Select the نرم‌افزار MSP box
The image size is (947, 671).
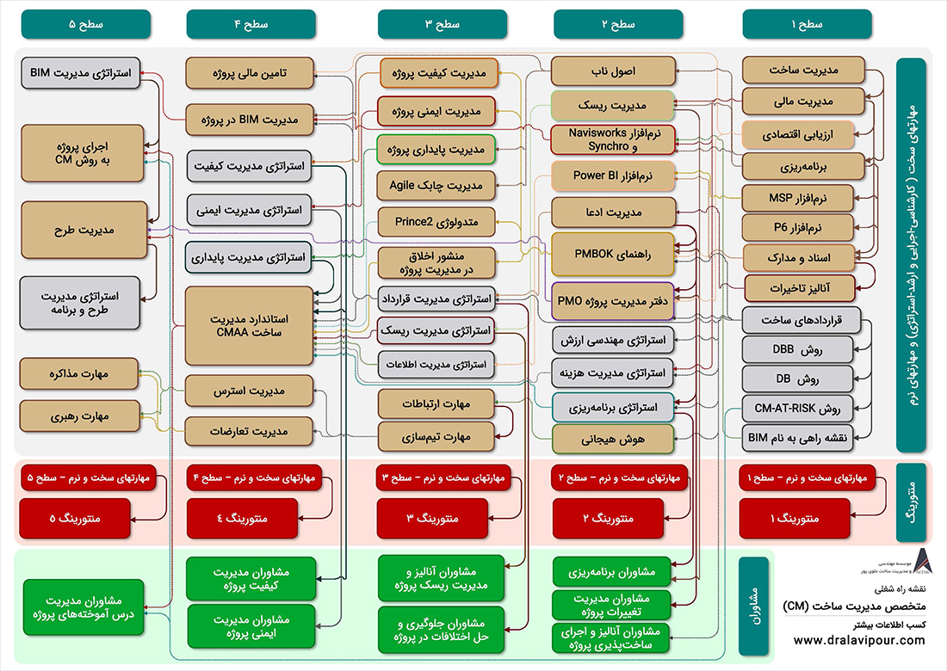(797, 198)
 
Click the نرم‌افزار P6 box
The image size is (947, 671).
(797, 228)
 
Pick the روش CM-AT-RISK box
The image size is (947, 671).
(797, 408)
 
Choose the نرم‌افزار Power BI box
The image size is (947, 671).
(612, 175)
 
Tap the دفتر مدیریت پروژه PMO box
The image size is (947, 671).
(612, 301)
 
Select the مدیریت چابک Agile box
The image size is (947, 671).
(435, 185)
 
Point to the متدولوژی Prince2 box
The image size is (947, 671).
(435, 221)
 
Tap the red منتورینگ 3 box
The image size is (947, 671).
(435, 519)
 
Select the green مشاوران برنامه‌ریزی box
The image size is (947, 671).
(612, 570)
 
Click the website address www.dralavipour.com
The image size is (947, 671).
(858, 640)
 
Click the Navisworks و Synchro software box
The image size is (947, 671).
(612, 139)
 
